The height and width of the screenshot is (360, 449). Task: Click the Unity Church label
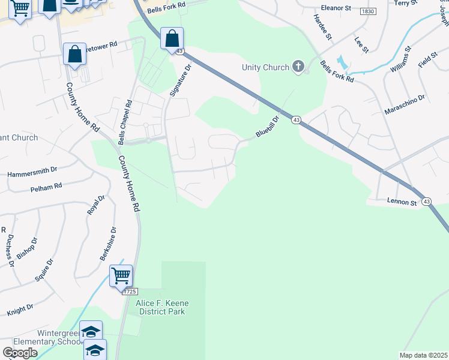pyautogui.click(x=265, y=68)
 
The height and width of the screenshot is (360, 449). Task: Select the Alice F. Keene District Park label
pyautogui.click(x=162, y=307)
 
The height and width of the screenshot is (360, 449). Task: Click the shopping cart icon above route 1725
pyautogui.click(x=121, y=276)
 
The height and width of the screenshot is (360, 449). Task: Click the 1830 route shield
pyautogui.click(x=367, y=11)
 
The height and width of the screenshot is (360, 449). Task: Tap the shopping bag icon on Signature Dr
pyautogui.click(x=172, y=38)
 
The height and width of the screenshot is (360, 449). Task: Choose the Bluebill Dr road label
pyautogui.click(x=268, y=127)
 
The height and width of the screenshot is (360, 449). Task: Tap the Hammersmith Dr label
pyautogui.click(x=32, y=174)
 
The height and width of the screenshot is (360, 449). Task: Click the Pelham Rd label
pyautogui.click(x=46, y=187)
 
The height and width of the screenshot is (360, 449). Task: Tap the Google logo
pyautogui.click(x=19, y=352)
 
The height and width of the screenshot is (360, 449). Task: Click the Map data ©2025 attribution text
pyautogui.click(x=423, y=355)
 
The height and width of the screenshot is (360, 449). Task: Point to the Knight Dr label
pyautogui.click(x=20, y=310)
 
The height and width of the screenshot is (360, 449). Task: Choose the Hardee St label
pyautogui.click(x=323, y=27)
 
